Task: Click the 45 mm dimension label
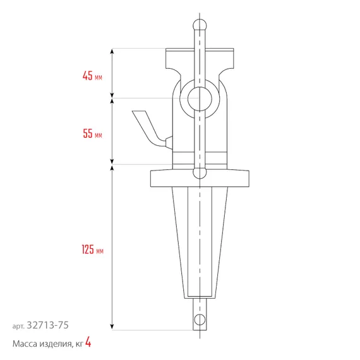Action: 92,76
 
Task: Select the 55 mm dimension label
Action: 92,134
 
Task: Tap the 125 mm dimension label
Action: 92,250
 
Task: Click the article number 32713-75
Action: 49,325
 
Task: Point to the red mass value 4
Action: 88,343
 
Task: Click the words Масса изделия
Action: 39,344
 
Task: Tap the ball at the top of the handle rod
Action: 200,25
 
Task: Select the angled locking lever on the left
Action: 147,126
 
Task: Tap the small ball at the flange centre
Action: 200,172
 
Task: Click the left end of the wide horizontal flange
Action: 154,178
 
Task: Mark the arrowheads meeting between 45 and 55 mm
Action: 112,97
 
